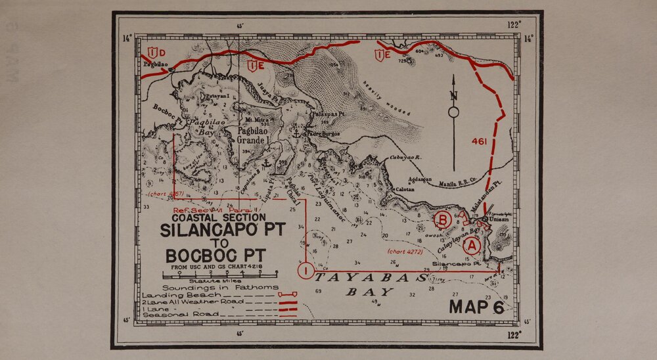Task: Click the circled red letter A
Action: [471, 246]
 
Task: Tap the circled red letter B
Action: [443, 219]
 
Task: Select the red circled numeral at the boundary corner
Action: [306, 270]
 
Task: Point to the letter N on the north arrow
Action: [453, 95]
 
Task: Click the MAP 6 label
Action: [476, 306]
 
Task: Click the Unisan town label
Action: [498, 219]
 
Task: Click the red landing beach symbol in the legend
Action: [288, 296]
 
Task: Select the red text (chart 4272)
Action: [405, 251]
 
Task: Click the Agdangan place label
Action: [420, 179]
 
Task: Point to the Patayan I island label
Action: [217, 96]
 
